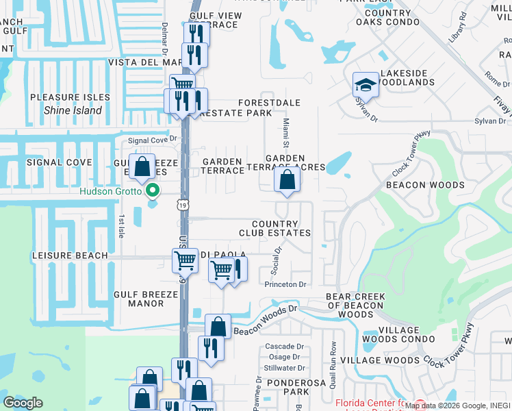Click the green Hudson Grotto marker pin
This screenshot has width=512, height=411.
pos(153,191)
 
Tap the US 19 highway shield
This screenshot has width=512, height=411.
pos(181,204)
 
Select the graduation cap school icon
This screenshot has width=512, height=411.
pos(365,85)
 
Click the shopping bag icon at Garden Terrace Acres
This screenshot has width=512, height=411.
pos(287,180)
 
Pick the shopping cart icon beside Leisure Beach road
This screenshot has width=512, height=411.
pos(184,260)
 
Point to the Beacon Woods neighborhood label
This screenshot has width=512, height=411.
pos(425,185)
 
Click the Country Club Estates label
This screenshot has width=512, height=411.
pos(274,229)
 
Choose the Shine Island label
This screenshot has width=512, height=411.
pos(73,110)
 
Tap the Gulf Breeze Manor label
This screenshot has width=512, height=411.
pos(146,299)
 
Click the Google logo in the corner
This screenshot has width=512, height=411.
pos(23,403)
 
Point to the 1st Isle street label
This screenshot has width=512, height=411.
pos(121,227)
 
